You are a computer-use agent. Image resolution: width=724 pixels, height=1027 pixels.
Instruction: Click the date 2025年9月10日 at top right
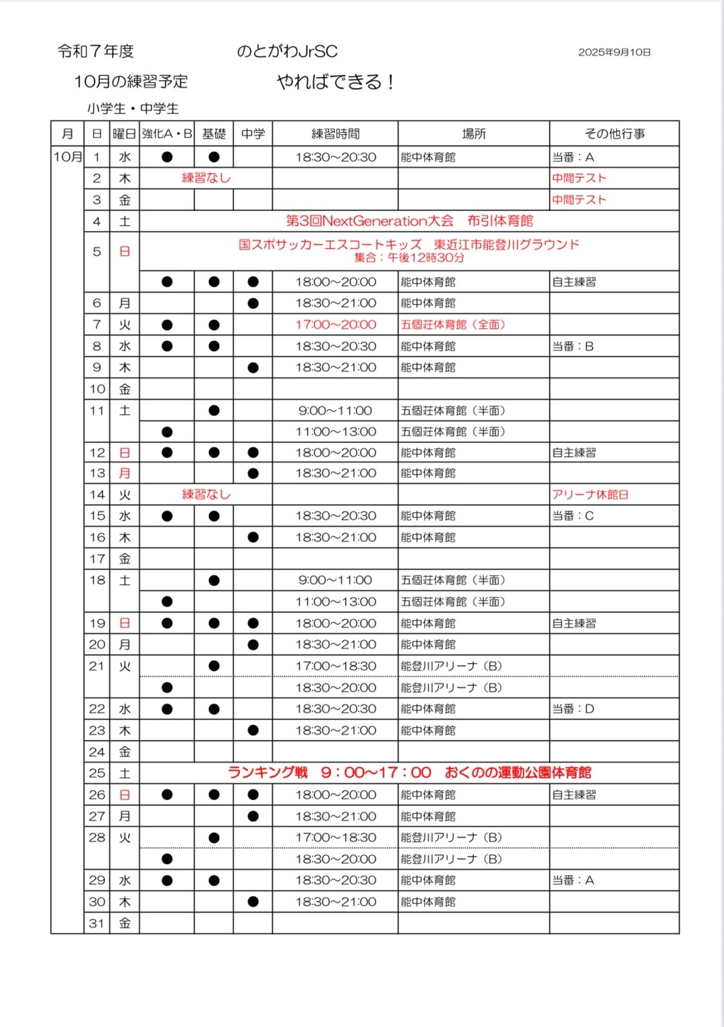click(x=614, y=52)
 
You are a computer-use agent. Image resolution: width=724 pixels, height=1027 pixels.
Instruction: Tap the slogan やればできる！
click(x=336, y=82)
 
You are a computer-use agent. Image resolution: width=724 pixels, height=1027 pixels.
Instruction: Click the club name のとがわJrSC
click(x=286, y=51)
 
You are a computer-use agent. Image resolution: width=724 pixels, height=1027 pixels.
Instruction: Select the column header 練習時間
click(x=335, y=133)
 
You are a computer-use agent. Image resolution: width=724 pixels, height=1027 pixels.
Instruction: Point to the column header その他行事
click(x=614, y=133)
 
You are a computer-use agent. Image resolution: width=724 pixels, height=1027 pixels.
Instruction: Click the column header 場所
click(x=474, y=133)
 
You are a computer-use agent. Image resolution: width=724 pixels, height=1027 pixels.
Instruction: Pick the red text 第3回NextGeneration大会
click(x=370, y=221)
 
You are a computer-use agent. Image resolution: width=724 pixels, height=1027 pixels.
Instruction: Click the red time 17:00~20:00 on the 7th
click(x=336, y=325)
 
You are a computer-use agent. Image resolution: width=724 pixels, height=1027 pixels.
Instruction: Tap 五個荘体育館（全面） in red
click(x=453, y=325)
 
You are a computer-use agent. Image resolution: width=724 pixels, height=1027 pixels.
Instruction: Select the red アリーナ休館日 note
click(x=590, y=495)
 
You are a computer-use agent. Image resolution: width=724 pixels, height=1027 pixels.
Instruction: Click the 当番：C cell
click(x=573, y=516)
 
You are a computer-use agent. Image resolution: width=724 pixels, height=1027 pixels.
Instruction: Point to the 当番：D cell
click(x=573, y=709)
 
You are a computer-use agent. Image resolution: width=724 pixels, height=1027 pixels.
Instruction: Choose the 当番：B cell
click(x=573, y=346)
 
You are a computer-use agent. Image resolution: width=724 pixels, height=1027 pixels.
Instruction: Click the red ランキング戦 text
click(x=268, y=773)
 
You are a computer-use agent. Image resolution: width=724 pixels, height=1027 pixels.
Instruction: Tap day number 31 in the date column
click(x=97, y=923)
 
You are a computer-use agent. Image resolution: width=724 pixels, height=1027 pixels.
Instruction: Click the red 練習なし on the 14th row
click(x=206, y=495)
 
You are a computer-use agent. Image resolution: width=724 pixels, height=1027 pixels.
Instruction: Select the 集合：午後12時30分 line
click(x=409, y=258)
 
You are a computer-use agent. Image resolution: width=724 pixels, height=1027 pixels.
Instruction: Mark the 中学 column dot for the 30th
click(x=253, y=902)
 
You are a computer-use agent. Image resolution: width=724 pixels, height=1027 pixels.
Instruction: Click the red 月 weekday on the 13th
click(x=125, y=474)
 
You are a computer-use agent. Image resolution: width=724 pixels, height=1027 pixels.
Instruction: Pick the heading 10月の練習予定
click(x=131, y=82)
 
